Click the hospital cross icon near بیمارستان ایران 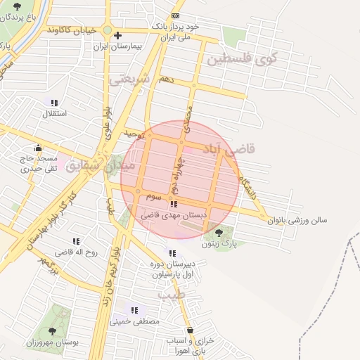[117, 35]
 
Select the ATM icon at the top [175, 15]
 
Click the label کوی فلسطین [242, 59]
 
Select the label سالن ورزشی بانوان [297, 220]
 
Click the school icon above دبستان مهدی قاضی [173, 205]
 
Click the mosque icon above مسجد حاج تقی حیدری [38, 148]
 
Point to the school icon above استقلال [54, 103]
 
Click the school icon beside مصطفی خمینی [134, 310]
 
